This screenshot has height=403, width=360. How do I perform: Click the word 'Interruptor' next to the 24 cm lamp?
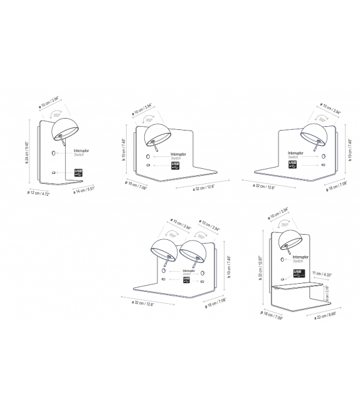pos(82,151)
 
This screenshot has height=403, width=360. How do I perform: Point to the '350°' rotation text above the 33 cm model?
pos(285,224)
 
